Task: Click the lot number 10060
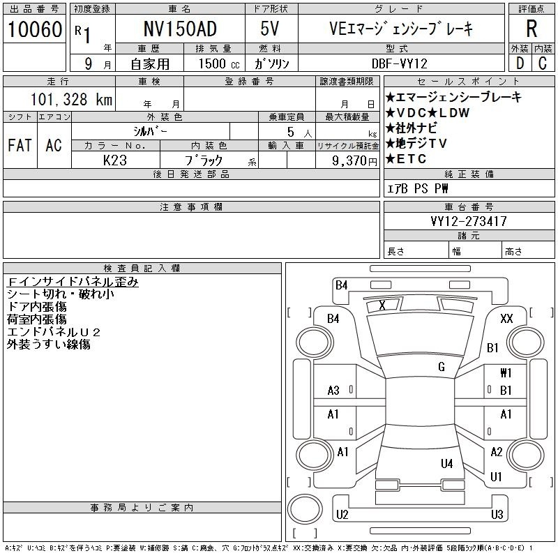(x=34, y=29)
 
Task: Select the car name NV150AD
(x=180, y=29)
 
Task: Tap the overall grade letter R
(x=531, y=29)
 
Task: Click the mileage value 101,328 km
(x=71, y=99)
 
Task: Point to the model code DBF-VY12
(x=399, y=63)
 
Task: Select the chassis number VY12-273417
(x=468, y=221)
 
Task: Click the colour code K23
(x=114, y=160)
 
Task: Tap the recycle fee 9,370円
(x=354, y=161)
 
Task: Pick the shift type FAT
(x=20, y=145)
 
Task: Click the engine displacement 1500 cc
(x=219, y=63)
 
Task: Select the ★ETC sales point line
(x=406, y=159)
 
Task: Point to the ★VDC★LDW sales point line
(x=428, y=113)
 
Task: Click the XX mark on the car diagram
(x=506, y=318)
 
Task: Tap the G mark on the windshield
(x=442, y=367)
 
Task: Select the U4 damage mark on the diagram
(x=446, y=463)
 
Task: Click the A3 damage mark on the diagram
(x=333, y=391)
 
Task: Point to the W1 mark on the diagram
(x=506, y=372)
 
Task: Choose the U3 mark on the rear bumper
(x=497, y=514)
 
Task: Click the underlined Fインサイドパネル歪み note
(x=73, y=282)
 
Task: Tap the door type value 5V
(x=269, y=29)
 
